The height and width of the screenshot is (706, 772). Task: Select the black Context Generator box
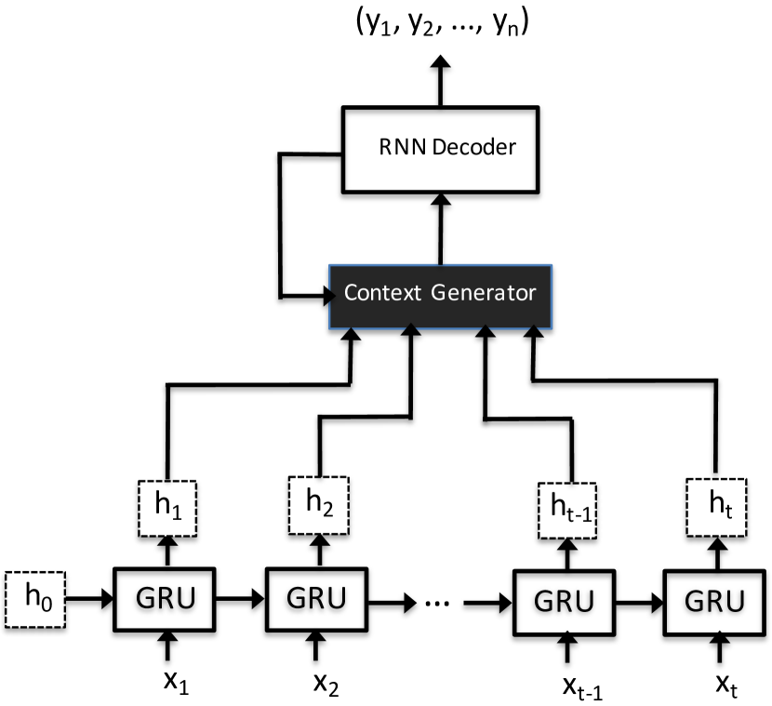tap(441, 293)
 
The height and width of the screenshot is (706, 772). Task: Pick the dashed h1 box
tap(167, 507)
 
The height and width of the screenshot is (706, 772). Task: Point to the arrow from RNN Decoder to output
tap(441, 80)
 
